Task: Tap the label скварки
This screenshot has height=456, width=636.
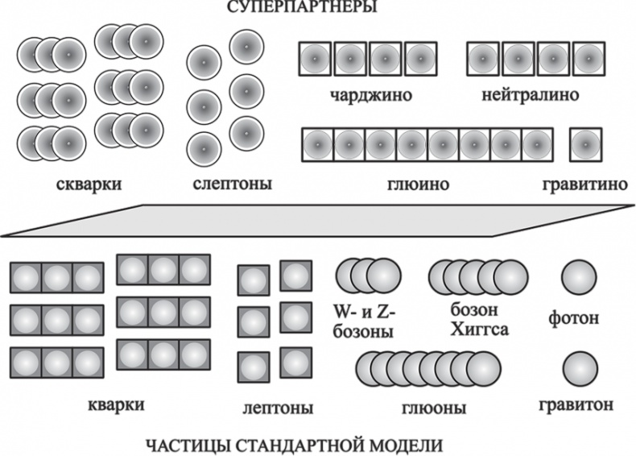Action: [89, 184]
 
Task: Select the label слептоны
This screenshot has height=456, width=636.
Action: [233, 184]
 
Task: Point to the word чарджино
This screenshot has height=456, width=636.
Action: [370, 94]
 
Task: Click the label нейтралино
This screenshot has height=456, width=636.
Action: [531, 94]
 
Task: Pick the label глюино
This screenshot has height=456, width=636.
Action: [419, 185]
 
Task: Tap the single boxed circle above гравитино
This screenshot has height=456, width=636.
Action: [585, 144]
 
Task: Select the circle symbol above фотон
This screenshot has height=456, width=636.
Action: [578, 277]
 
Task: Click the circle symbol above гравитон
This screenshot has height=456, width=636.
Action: [580, 367]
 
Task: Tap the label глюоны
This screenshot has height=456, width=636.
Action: [433, 408]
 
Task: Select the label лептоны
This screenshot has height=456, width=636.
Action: [278, 408]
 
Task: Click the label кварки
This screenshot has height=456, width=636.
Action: [114, 404]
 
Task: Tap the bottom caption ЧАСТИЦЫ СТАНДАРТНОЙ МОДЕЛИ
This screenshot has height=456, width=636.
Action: [295, 445]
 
